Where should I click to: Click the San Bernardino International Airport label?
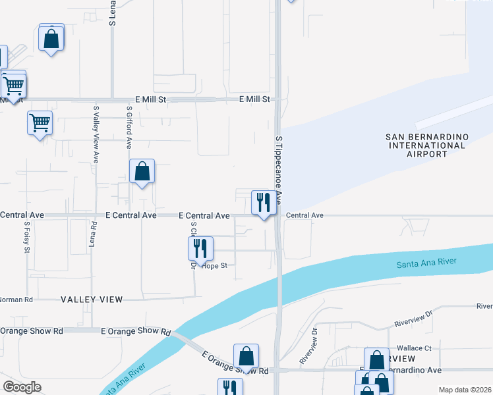pyautogui.click(x=426, y=145)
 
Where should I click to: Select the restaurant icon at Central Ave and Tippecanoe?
pyautogui.click(x=264, y=202)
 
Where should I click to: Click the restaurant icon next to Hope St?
pyautogui.click(x=199, y=248)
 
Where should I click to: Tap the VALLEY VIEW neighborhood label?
pyautogui.click(x=92, y=300)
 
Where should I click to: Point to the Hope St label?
pyautogui.click(x=214, y=266)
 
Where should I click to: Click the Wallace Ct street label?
pyautogui.click(x=414, y=348)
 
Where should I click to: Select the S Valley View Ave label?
pyautogui.click(x=96, y=134)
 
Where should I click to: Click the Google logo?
pyautogui.click(x=22, y=387)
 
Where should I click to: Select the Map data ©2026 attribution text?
pyautogui.click(x=464, y=390)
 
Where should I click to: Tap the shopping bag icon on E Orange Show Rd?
pyautogui.click(x=246, y=356)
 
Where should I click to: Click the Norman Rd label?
pyautogui.click(x=16, y=300)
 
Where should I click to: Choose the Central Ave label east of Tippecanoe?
pyautogui.click(x=304, y=215)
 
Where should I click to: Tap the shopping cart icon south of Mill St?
pyautogui.click(x=40, y=122)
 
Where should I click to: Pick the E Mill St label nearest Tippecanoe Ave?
pyautogui.click(x=254, y=99)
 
